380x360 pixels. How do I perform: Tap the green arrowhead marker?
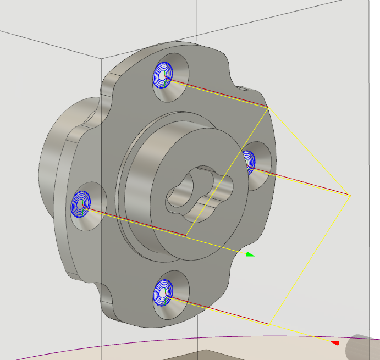(x=250, y=254)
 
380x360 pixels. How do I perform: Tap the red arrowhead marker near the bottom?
(x=335, y=343)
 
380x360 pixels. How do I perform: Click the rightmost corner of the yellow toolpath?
(x=350, y=195)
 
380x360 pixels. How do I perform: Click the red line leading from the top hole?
(x=220, y=94)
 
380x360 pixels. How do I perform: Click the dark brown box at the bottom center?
(x=220, y=355)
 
